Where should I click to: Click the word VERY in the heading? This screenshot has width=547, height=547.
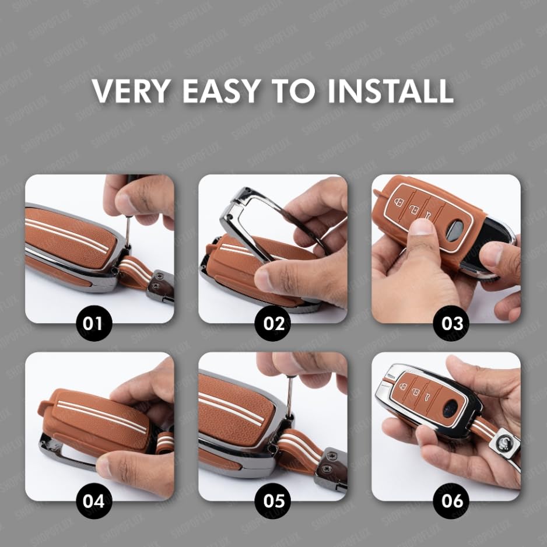131,91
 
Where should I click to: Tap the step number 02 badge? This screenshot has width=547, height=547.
273,322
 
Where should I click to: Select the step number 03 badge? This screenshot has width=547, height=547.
451,322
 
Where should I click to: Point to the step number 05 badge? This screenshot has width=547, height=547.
273,500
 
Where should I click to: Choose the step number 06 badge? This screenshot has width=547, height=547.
451,500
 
